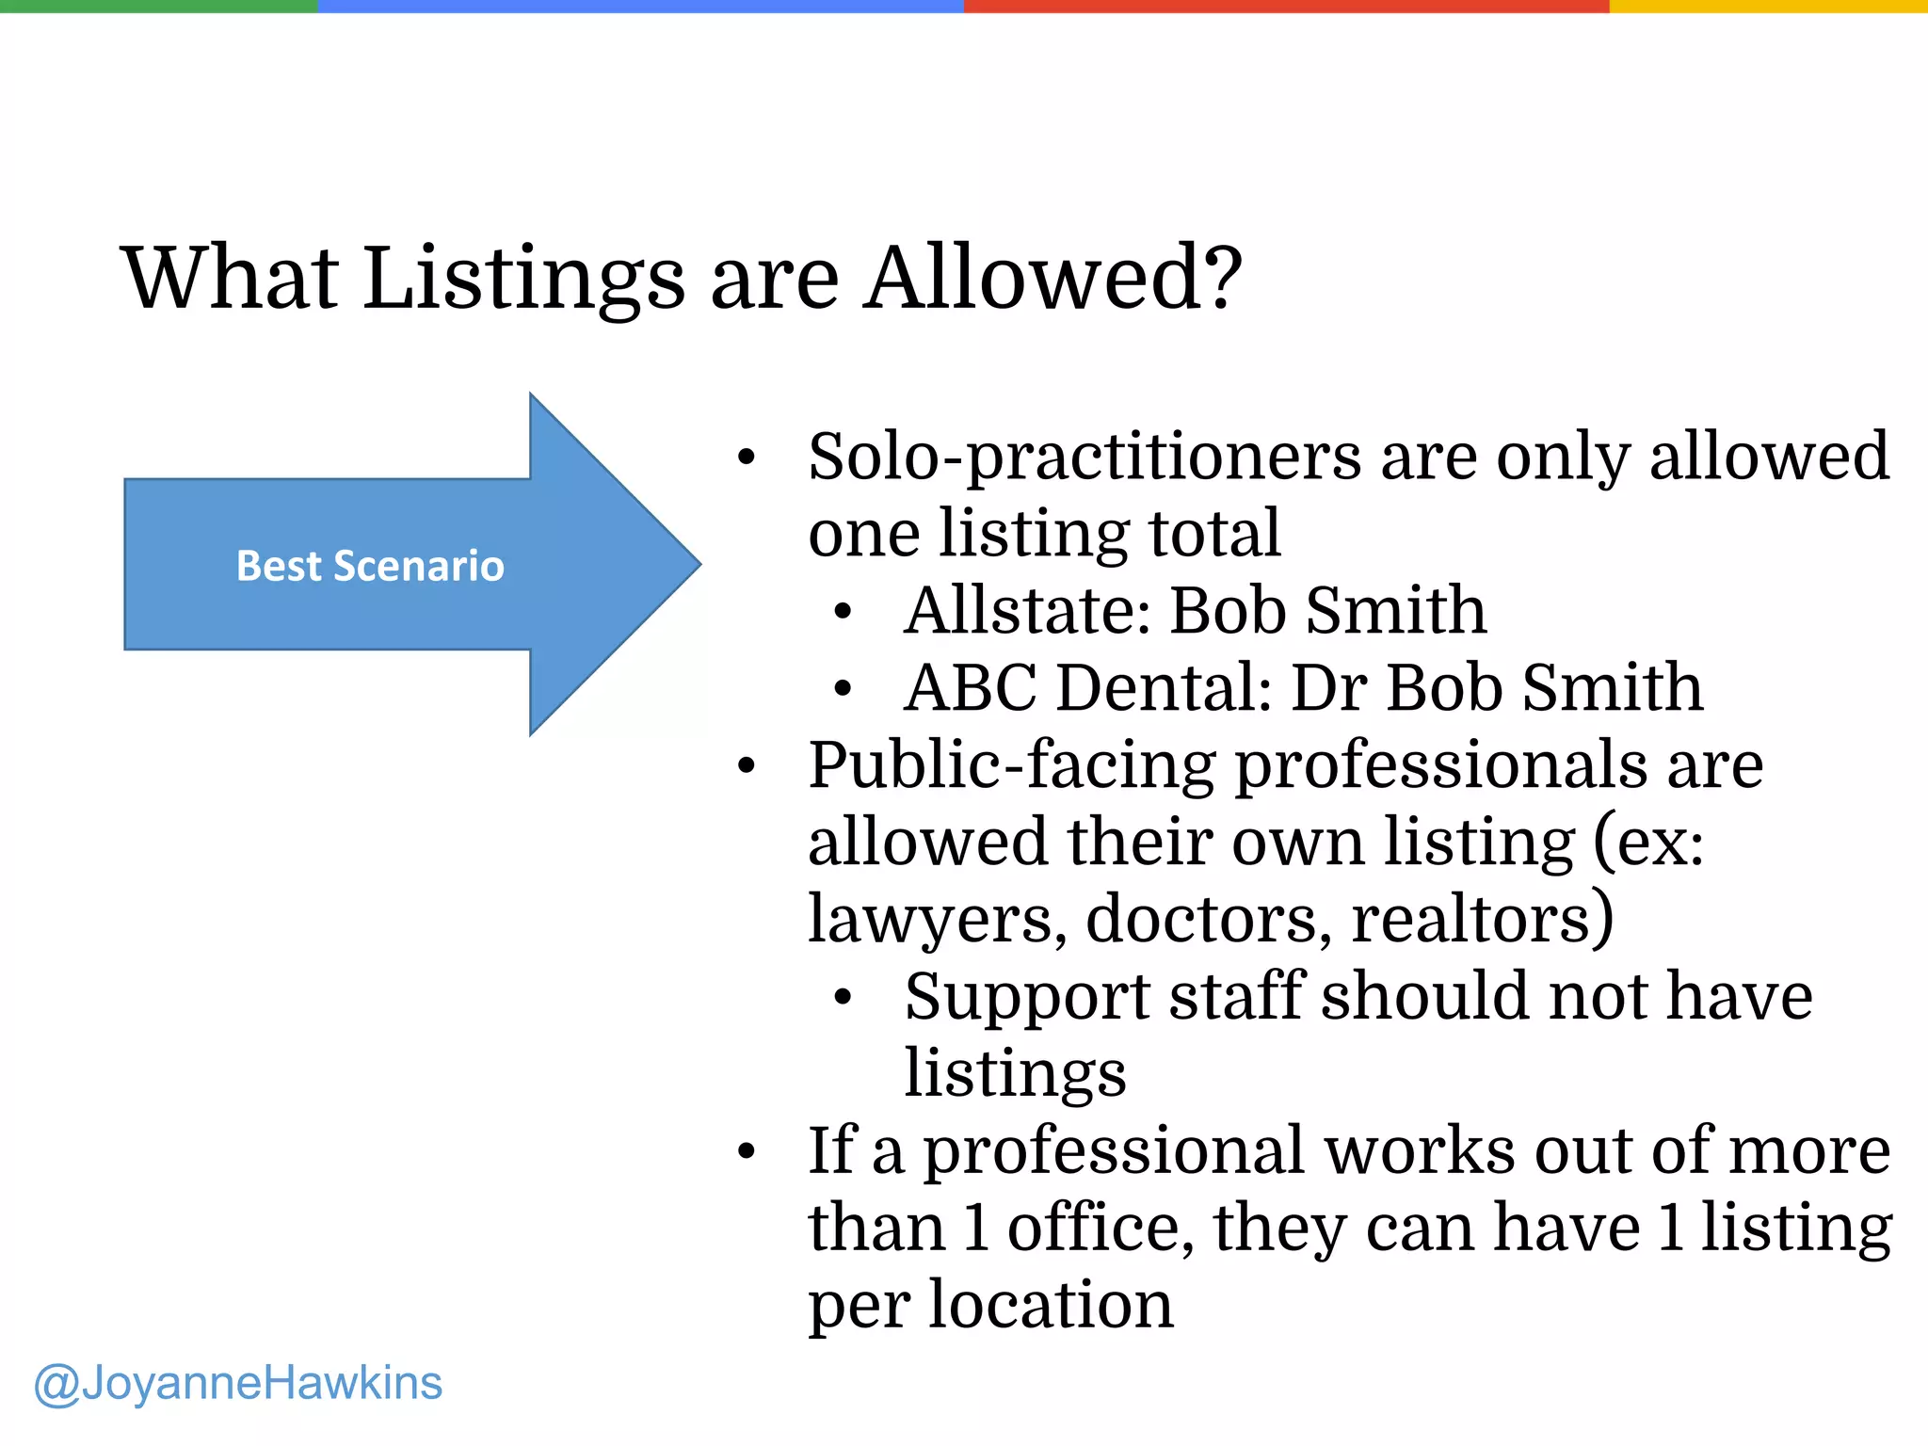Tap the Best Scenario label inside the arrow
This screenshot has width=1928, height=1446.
click(x=370, y=566)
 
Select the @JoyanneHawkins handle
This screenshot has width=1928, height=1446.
click(x=238, y=1383)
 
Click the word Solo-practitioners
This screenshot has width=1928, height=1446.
click(x=1084, y=458)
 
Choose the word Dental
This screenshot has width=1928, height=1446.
click(x=1165, y=687)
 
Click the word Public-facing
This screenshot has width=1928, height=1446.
click(x=1012, y=765)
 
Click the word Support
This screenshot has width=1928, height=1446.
click(x=1027, y=997)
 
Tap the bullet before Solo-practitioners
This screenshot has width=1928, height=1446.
click(x=747, y=458)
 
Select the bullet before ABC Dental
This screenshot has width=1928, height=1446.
click(x=843, y=689)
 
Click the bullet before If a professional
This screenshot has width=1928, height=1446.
click(x=747, y=1151)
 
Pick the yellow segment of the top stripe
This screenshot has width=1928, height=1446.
click(x=1768, y=6)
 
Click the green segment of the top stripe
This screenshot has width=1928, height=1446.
click(x=158, y=6)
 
